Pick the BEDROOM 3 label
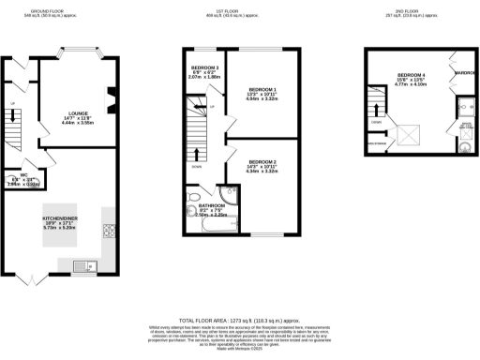click(x=204, y=68)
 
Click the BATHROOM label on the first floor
click(x=212, y=204)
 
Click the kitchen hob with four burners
click(x=108, y=231)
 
